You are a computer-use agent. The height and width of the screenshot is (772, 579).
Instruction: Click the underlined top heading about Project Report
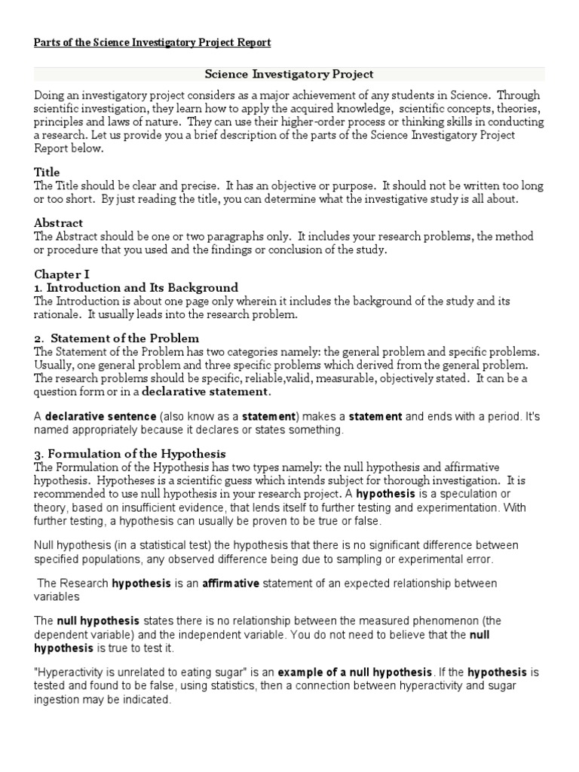(152, 42)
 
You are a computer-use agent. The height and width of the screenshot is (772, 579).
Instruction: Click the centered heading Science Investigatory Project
(289, 75)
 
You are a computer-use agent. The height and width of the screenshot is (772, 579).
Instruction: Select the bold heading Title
(47, 173)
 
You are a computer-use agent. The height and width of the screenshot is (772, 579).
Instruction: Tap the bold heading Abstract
(58, 223)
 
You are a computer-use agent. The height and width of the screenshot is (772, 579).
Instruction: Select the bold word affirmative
(231, 584)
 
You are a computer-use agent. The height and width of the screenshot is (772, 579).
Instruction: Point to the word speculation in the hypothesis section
(461, 494)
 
